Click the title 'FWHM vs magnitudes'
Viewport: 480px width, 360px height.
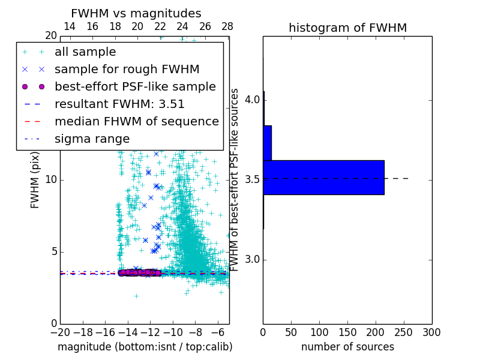[x=136, y=13]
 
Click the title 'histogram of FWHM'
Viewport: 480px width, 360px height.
[x=347, y=28]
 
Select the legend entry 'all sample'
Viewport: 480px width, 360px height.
[x=85, y=52]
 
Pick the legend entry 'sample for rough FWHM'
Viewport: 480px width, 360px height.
[x=127, y=70]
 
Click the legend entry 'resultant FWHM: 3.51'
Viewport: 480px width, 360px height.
[x=119, y=104]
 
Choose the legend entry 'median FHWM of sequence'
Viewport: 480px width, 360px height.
[x=136, y=122]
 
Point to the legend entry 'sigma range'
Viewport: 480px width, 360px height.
[x=92, y=139]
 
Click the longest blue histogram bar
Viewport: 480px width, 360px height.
[x=323, y=178]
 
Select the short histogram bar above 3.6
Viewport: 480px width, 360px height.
[x=267, y=143]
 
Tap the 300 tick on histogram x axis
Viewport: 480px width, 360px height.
[x=431, y=332]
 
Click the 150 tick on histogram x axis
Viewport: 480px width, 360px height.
[x=347, y=332]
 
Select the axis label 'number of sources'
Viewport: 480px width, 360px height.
[x=347, y=347]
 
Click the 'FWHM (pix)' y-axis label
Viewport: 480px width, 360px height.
[x=35, y=185]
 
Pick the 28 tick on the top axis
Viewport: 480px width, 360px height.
[x=227, y=26]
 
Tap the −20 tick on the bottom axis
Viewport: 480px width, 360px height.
[x=61, y=332]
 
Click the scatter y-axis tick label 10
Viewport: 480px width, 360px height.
[x=51, y=180]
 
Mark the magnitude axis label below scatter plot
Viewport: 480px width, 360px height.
[x=145, y=347]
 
